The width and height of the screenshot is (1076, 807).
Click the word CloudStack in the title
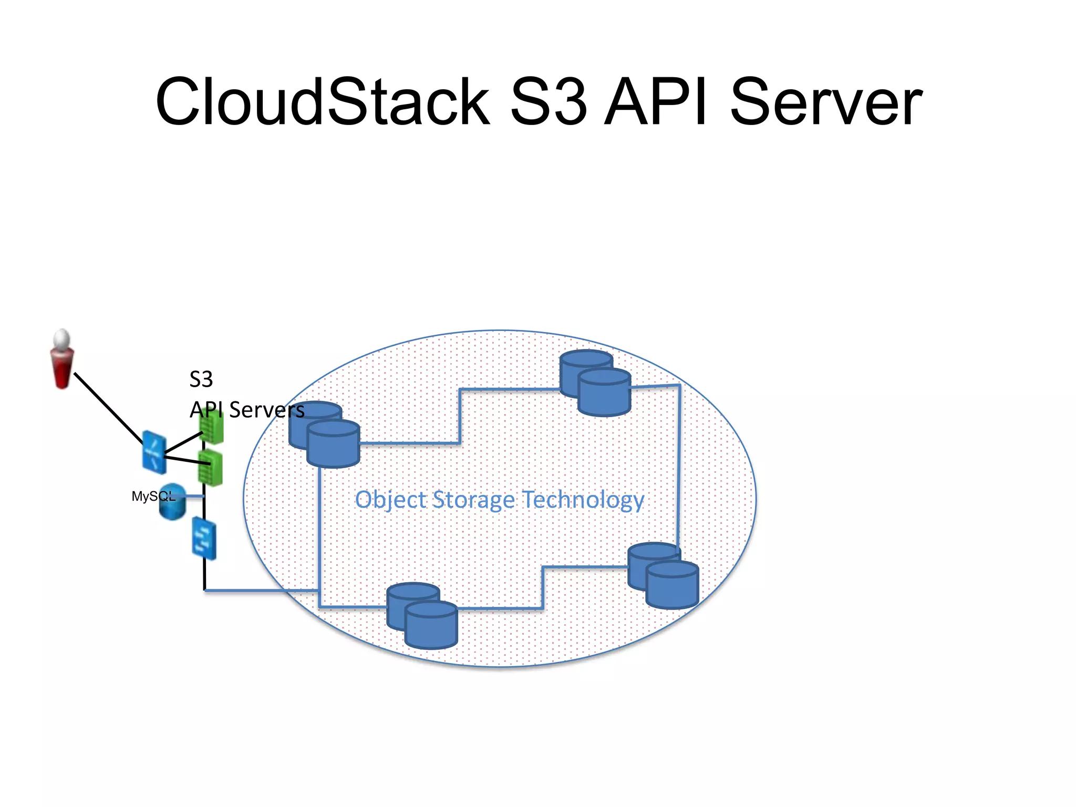322,102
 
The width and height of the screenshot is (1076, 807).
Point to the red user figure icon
62,360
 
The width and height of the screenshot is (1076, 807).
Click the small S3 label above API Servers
201,379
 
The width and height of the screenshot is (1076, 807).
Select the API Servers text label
247,410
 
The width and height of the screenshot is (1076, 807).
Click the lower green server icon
210,468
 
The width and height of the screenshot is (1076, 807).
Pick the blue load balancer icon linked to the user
154,452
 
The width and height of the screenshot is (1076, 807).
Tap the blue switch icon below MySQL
204,538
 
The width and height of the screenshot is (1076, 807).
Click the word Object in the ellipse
390,500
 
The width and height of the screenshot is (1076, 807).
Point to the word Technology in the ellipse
583,500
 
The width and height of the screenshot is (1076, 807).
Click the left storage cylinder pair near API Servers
325,435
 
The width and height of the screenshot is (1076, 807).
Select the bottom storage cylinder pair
422,616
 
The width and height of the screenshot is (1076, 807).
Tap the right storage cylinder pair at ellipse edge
663,576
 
